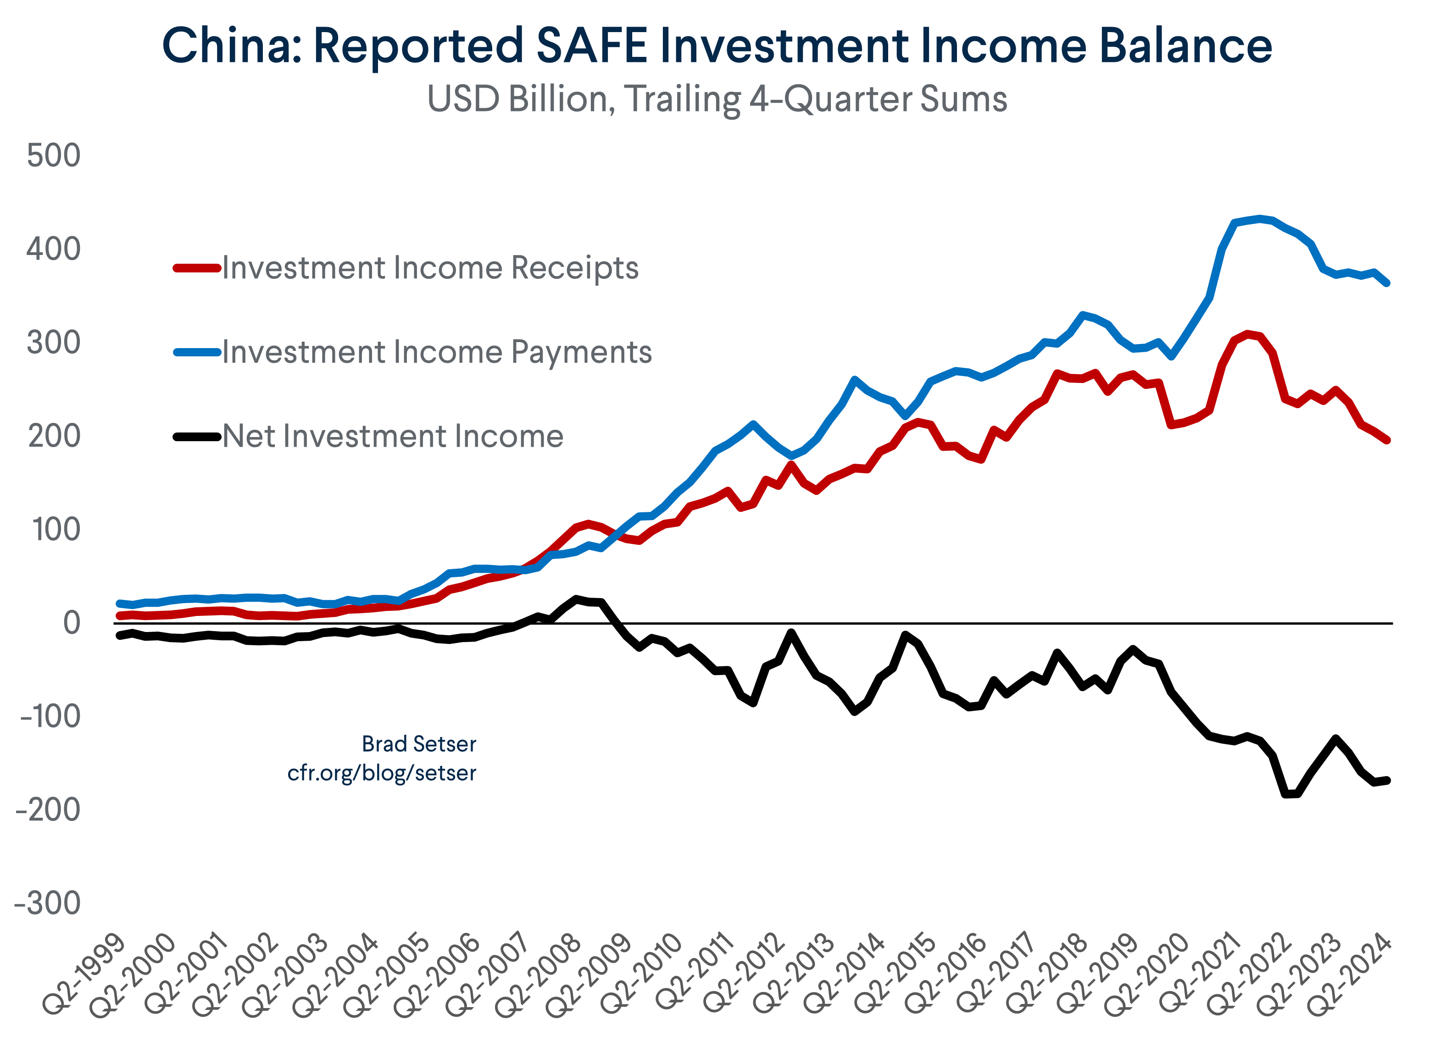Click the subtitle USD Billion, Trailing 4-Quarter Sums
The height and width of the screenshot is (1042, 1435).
pyautogui.click(x=717, y=100)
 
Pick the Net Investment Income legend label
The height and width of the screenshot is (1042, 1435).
pyautogui.click(x=393, y=437)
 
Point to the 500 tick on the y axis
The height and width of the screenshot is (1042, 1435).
pyautogui.click(x=54, y=155)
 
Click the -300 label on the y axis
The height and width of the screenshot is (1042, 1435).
pyautogui.click(x=47, y=903)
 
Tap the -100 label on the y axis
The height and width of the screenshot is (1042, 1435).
pyautogui.click(x=50, y=717)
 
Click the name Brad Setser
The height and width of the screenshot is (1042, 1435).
pyautogui.click(x=419, y=744)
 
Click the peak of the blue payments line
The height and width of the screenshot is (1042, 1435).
pyautogui.click(x=1260, y=219)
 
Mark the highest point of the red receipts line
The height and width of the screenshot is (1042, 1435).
pyautogui.click(x=1247, y=333)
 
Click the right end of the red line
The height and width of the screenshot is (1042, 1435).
pyautogui.click(x=1387, y=440)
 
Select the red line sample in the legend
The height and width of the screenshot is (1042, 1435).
pyautogui.click(x=197, y=268)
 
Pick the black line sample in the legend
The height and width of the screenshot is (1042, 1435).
pyautogui.click(x=197, y=437)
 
